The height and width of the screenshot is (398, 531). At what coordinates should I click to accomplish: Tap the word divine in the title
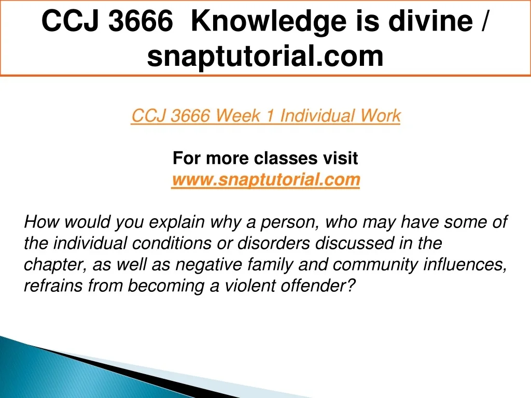[x=430, y=21]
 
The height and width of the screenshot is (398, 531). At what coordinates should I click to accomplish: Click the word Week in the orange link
[x=238, y=116]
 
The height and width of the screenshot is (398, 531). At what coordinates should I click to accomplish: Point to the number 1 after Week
[x=270, y=116]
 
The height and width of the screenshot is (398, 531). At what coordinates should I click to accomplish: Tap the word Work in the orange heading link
[x=380, y=116]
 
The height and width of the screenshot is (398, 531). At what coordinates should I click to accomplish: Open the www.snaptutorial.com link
[x=265, y=179]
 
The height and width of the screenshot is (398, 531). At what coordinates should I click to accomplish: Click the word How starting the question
[x=41, y=222]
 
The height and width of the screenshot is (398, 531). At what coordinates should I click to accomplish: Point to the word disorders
[x=273, y=244]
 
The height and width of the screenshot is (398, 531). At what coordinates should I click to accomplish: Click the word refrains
[x=53, y=286]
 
